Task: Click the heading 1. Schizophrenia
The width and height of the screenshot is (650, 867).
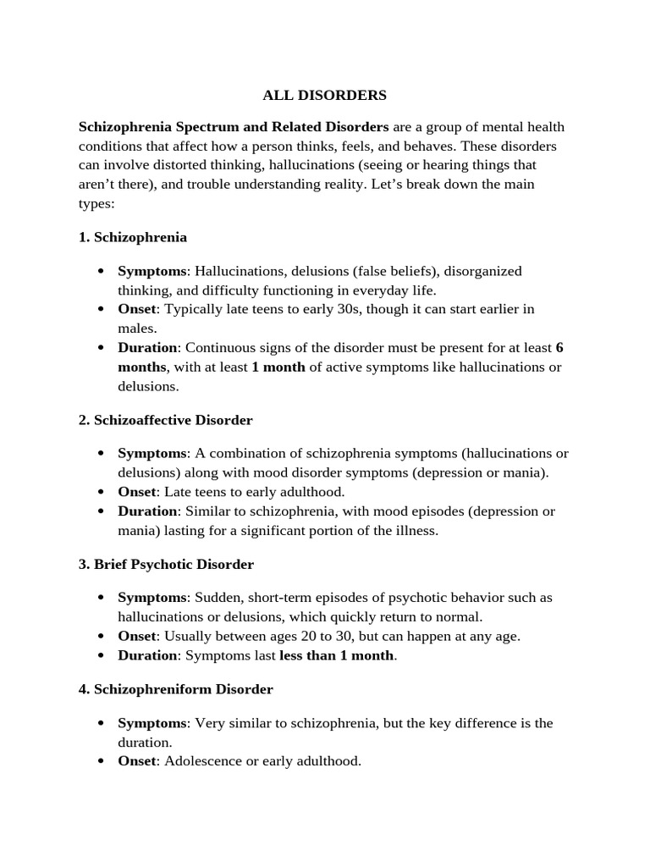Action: coord(133,237)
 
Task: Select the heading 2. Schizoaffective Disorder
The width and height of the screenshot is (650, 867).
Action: coord(166,420)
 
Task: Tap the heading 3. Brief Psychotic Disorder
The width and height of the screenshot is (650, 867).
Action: coord(166,564)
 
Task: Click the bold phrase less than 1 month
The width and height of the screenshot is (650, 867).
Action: coord(336,655)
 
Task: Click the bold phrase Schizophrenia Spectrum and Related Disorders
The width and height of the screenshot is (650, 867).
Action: coord(234,127)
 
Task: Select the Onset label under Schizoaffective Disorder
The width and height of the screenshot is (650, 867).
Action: coord(136,492)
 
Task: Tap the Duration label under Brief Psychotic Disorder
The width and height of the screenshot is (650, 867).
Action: coord(147,655)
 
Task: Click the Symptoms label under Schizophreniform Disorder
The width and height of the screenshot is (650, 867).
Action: coord(151,723)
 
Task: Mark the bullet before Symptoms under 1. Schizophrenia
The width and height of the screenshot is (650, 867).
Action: coord(101,272)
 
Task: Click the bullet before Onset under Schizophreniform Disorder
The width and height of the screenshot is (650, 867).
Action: coord(101,762)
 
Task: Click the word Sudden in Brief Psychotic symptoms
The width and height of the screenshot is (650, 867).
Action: coord(218,598)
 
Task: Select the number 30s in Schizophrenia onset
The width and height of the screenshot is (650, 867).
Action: coord(326,309)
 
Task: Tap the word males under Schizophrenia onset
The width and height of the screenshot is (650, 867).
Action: coord(136,328)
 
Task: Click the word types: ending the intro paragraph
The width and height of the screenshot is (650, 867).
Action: coord(96,203)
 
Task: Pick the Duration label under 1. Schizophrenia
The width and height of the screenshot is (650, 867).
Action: coord(147,348)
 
